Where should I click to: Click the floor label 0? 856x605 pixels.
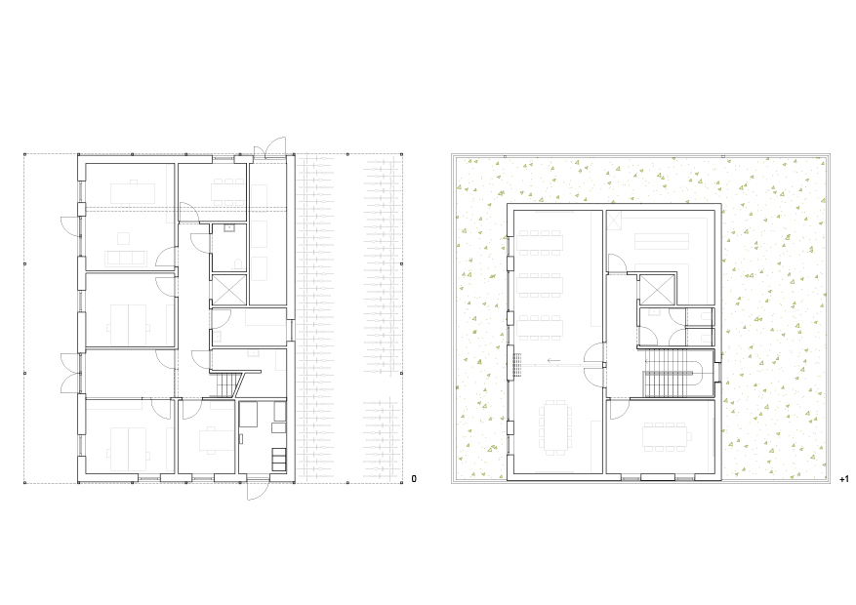point(414,479)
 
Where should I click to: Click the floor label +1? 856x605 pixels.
point(844,479)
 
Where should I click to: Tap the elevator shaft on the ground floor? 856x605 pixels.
point(228,290)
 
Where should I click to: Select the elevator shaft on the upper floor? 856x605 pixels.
point(657,290)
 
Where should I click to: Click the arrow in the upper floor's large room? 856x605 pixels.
point(553,361)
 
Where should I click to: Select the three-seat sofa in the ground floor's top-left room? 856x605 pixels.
point(126,258)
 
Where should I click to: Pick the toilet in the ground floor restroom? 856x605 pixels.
point(237,264)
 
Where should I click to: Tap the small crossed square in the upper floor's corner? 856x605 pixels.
point(614,221)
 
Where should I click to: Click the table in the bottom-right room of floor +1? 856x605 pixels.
point(666,436)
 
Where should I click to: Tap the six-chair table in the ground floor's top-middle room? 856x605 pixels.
point(228,191)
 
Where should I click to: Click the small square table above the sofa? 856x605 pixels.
point(124,238)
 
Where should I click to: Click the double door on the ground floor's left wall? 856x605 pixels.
point(71,373)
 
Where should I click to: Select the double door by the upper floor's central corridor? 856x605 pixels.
point(595,364)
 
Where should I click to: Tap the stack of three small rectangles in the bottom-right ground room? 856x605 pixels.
point(278,460)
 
